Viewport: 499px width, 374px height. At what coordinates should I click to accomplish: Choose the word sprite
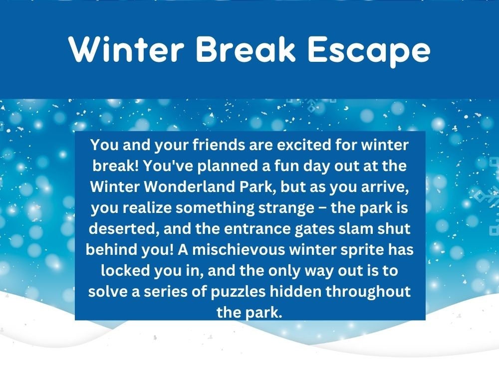point(365,249)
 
